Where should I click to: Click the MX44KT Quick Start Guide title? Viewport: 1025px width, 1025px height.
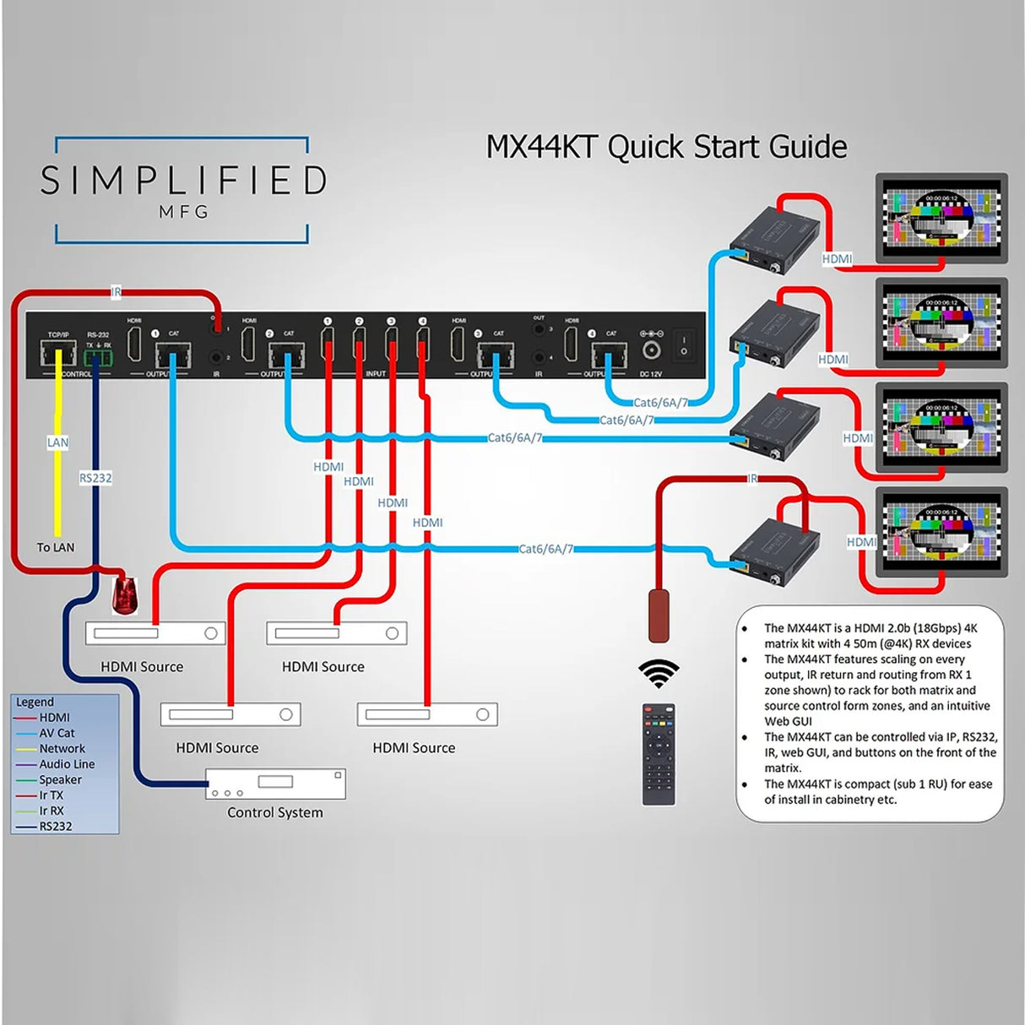coord(666,147)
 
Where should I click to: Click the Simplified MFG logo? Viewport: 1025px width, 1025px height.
coord(183,190)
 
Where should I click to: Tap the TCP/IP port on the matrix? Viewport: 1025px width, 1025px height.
coord(58,353)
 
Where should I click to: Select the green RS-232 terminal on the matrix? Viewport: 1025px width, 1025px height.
coord(98,358)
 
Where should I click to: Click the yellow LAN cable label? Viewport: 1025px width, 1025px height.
coord(57,442)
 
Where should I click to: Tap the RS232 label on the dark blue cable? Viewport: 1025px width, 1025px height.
coord(95,478)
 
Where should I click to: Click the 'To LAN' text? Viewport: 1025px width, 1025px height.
coord(56,547)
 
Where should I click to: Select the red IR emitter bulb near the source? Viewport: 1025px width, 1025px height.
coord(125,595)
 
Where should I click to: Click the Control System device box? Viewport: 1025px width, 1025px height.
coord(275,784)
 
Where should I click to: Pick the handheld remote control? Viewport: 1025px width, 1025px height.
coord(659,754)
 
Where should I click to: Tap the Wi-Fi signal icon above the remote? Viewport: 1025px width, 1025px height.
coord(659,673)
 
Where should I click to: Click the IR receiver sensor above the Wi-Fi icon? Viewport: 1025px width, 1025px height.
coord(659,616)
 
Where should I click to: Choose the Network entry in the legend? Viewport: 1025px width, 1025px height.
coord(62,749)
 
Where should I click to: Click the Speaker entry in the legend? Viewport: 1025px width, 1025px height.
coord(60,779)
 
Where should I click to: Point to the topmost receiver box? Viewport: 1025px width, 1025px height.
coord(773,239)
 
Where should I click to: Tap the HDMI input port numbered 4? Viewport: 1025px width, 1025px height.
coord(422,345)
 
